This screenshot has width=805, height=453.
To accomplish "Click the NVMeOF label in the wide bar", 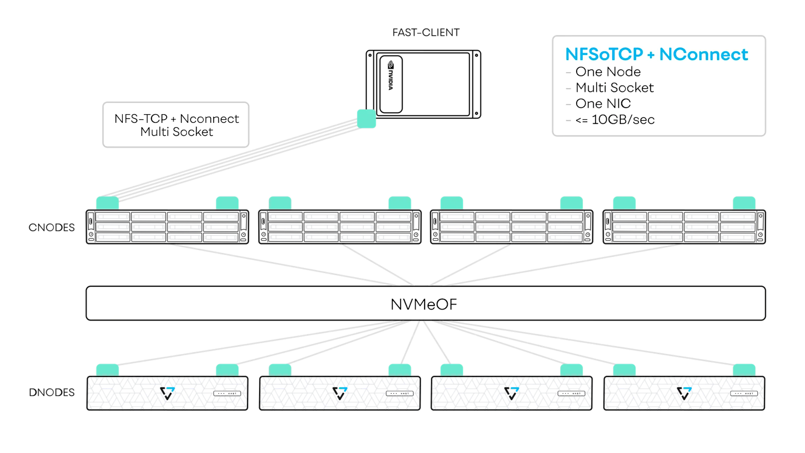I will pos(424,304).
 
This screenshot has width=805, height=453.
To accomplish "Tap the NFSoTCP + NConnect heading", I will pos(656,54).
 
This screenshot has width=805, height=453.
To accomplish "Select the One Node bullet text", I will pos(608,72).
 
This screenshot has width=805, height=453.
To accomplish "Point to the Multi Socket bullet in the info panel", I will pos(614,88).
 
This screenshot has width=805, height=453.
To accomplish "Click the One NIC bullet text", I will pos(603,104).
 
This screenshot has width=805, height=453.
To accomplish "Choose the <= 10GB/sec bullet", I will pos(615,120).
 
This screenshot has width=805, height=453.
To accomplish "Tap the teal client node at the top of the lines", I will pos(366,119).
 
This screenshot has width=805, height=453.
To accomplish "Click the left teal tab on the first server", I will pos(107,203).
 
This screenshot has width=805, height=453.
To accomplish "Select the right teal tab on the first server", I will pos(227,203).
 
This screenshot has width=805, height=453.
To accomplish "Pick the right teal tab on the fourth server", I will pos(744,203).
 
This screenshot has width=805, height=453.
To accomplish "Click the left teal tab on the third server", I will pos(451,203).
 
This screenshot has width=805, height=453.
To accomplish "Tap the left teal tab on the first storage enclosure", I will pos(107,370).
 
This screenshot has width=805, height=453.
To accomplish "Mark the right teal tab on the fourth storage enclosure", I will pos(744,370).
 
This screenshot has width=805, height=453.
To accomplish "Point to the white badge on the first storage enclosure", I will pos(227,393).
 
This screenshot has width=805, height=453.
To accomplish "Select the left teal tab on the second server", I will pos(280,203).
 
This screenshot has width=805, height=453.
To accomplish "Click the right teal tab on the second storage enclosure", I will pos(399,370).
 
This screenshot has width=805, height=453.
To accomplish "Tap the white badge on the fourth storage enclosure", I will pos(744,393).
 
